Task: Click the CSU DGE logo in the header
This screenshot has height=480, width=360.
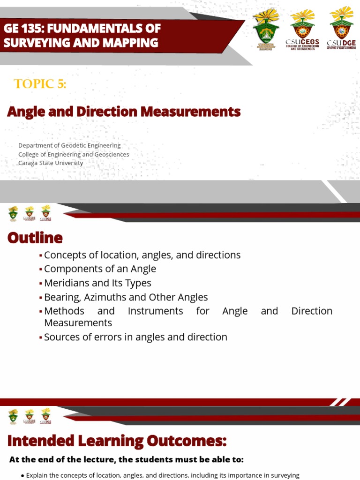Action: [341, 28]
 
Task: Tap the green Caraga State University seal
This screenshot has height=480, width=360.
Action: [265, 31]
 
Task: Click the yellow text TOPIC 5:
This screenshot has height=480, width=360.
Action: [40, 84]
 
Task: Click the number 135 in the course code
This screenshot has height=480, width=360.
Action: [32, 29]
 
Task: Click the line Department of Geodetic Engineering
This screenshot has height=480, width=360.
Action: [69, 145]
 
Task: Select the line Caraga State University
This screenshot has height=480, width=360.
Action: [51, 163]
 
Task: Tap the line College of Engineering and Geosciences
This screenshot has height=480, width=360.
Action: [74, 154]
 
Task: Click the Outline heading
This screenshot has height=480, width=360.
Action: [35, 238]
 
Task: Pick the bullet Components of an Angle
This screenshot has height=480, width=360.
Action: [100, 269]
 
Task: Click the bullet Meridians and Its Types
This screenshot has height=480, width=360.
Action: [97, 283]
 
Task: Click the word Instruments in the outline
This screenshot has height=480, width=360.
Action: [155, 311]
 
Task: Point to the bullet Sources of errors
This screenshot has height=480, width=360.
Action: [135, 337]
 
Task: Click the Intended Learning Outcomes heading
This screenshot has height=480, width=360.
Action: [117, 441]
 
